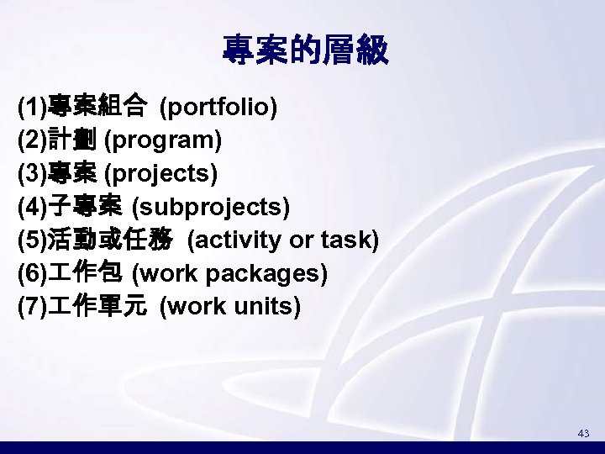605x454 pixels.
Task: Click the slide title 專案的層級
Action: click(x=304, y=51)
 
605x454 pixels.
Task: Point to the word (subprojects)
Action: click(x=211, y=207)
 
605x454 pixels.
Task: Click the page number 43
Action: click(x=583, y=433)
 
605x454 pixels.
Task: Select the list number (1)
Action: click(x=32, y=108)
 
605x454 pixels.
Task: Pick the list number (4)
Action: click(x=32, y=207)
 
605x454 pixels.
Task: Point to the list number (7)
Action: click(x=32, y=307)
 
